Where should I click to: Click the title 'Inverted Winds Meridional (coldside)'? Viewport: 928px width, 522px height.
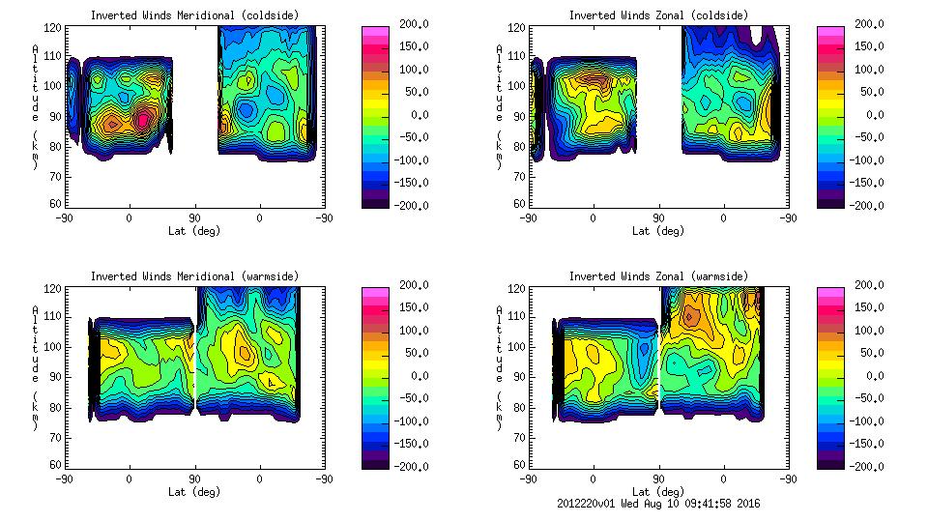click(194, 15)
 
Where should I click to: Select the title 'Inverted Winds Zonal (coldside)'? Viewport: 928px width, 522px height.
click(657, 15)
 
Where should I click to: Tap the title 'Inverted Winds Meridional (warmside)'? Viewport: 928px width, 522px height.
click(194, 276)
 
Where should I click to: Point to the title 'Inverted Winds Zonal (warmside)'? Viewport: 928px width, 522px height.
click(657, 276)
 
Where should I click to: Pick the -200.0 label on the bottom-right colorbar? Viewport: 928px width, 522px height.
click(870, 466)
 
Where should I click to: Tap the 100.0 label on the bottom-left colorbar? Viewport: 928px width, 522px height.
click(414, 330)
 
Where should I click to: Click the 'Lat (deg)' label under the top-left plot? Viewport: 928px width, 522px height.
click(194, 231)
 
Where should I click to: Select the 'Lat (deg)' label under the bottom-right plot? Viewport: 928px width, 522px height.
click(657, 492)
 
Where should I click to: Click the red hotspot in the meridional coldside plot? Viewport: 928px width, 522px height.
click(143, 119)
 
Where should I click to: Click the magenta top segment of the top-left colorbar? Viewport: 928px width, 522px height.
click(376, 30)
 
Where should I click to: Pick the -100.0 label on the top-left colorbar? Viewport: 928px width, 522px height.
click(414, 159)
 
